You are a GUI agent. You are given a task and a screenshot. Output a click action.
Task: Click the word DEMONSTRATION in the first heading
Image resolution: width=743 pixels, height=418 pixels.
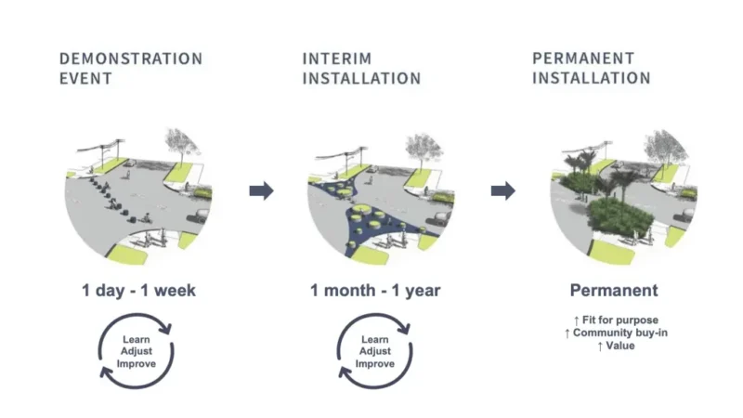coord(131,59)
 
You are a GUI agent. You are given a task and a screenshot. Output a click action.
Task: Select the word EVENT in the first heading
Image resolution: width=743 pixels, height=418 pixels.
coord(85,79)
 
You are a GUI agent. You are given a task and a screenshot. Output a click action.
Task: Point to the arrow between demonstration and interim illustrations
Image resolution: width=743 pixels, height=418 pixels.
coord(262,190)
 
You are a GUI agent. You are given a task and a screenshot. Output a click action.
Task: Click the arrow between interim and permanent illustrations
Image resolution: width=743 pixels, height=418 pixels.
coord(503,190)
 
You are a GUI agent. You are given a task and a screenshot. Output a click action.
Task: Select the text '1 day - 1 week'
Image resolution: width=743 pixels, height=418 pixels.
coord(137,291)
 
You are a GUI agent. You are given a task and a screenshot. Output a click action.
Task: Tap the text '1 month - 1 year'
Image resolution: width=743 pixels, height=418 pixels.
coord(375,291)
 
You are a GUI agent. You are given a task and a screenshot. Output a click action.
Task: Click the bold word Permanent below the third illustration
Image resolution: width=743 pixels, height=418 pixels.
coord(613,290)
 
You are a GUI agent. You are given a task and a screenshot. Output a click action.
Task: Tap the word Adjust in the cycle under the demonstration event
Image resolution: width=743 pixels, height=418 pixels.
coord(137,351)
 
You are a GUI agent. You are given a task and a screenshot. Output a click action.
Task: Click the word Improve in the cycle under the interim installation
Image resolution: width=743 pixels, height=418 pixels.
coord(375,363)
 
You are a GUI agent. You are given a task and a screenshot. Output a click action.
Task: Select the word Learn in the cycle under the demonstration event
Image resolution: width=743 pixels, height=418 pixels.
coord(137,339)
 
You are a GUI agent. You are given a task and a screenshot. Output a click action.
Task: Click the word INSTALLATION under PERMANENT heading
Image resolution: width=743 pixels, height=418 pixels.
coord(592,79)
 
